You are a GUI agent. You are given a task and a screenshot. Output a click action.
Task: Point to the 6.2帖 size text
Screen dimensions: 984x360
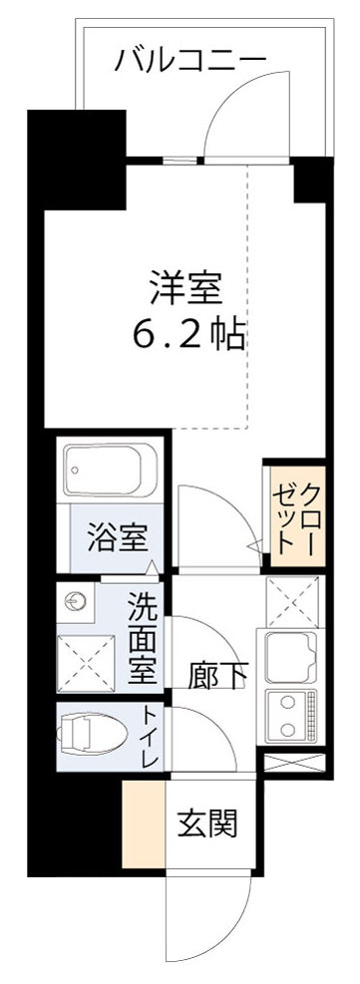point(188,336)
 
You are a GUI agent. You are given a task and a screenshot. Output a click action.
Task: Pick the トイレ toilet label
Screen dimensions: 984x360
point(149,739)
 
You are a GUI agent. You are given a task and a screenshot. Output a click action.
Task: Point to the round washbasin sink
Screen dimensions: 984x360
point(75,601)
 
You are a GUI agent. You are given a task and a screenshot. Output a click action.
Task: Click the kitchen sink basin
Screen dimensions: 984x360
point(290,653)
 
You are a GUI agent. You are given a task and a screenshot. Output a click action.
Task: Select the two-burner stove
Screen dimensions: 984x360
point(290,710)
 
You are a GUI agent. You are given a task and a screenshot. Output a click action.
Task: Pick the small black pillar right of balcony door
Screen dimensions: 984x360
point(310,178)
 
